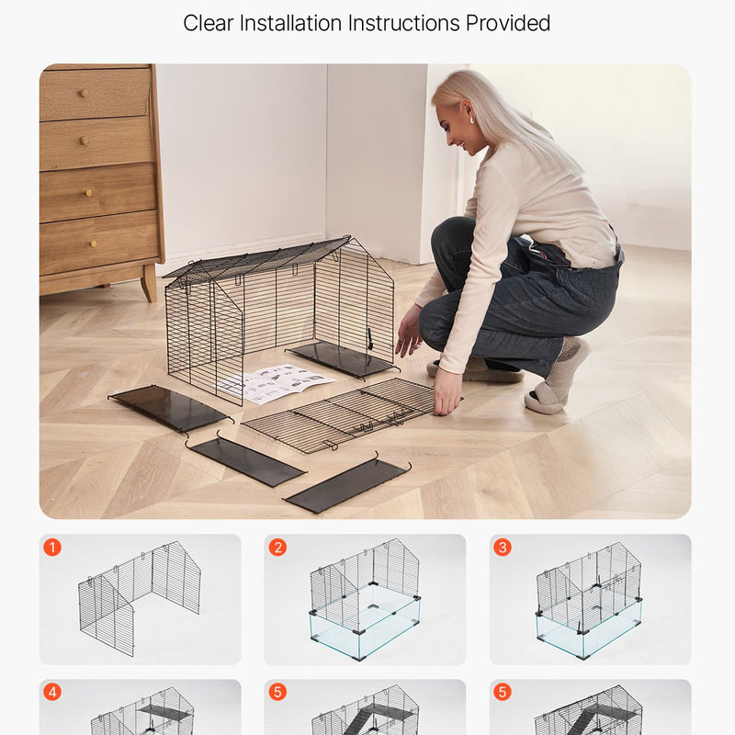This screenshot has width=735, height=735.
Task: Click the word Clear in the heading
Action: [x=209, y=23]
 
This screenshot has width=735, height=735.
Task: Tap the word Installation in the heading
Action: [x=290, y=23]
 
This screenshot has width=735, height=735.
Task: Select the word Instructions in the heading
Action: [x=403, y=23]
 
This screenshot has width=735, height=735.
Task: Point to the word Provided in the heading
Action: [x=508, y=23]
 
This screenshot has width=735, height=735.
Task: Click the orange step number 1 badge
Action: [x=52, y=547]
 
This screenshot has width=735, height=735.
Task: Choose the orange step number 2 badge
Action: [x=277, y=547]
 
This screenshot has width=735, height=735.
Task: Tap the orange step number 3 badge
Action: [x=503, y=547]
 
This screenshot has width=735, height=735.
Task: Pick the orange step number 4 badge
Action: [x=52, y=692]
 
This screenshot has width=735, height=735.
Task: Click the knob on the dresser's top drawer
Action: [x=82, y=94]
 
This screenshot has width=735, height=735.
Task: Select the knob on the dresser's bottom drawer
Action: [x=94, y=243]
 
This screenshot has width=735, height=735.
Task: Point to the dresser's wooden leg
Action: [x=150, y=283]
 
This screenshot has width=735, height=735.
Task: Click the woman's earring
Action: [x=471, y=120]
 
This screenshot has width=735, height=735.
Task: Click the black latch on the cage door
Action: [x=370, y=339]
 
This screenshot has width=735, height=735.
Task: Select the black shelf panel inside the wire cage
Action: [x=342, y=359]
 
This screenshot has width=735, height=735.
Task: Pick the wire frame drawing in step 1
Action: [x=140, y=598]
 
